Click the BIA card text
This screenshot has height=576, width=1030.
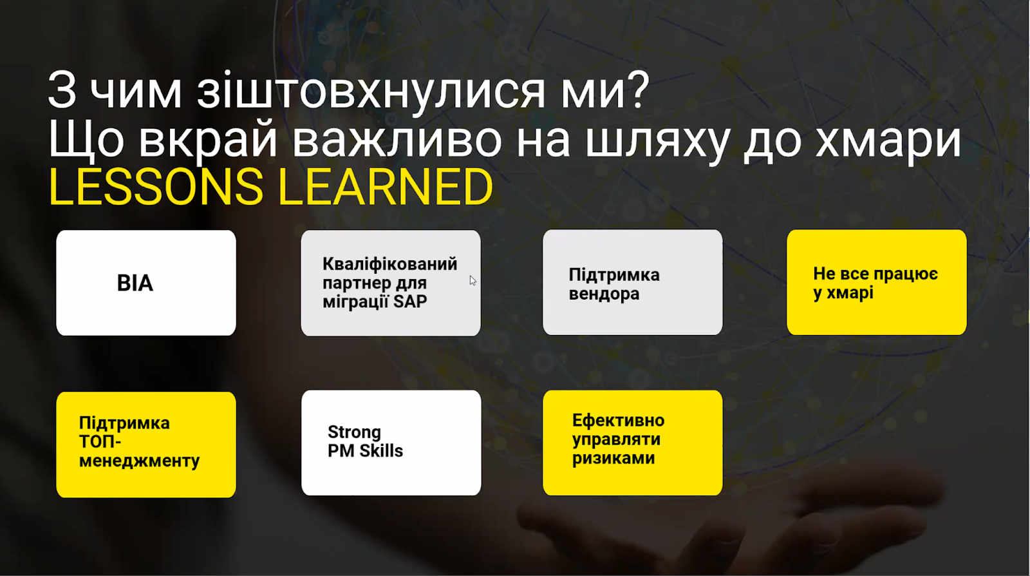coord(135,283)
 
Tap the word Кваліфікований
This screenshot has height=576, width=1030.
coord(390,264)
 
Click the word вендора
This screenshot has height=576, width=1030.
coord(604,294)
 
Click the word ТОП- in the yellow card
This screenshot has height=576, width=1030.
coord(100,441)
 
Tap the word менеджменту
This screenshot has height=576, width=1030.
coord(139,461)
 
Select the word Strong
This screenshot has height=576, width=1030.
coord(354,432)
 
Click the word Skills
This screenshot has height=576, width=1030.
coord(381,451)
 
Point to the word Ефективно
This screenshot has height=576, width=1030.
coord(619,421)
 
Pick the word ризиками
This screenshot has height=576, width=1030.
coord(613,458)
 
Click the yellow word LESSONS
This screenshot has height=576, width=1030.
coord(156,187)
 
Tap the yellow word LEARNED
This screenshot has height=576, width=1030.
coord(386,187)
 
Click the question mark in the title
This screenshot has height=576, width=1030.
coord(637,90)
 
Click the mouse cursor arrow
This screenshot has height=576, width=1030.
coord(473,280)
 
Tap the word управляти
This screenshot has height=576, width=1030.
coord(616,439)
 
